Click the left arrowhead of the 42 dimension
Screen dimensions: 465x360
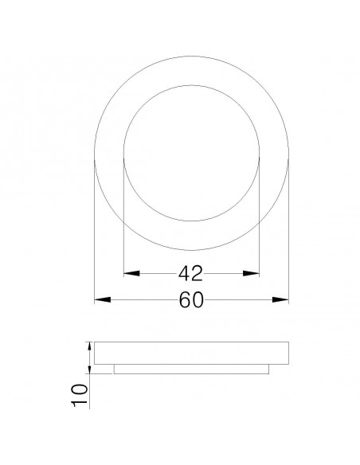131,274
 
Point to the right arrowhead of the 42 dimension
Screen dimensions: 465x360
252,274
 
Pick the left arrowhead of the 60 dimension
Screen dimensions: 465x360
102,300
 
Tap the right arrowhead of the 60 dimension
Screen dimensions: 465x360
280,300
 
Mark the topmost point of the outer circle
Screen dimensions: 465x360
191,57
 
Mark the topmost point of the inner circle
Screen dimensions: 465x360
192,84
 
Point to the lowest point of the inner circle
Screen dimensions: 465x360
192,221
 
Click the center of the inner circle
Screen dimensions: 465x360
192,153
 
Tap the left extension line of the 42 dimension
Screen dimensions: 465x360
123,215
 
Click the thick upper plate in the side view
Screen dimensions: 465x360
191,354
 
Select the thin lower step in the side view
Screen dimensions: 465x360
191,369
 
